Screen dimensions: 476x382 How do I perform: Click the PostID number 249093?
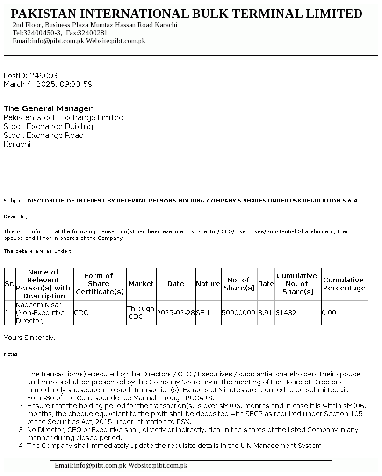click(43, 75)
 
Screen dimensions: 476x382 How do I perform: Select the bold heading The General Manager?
click(48, 108)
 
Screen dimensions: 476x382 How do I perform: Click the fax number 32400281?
click(94, 33)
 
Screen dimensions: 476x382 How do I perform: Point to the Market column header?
click(141, 284)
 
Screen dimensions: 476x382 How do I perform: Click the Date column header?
click(175, 284)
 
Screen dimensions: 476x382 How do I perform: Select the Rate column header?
click(266, 284)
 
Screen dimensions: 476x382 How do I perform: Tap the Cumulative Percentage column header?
click(344, 284)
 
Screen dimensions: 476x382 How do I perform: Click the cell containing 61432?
click(286, 313)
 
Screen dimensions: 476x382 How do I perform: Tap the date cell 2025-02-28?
click(175, 313)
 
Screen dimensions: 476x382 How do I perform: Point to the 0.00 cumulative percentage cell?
click(329, 313)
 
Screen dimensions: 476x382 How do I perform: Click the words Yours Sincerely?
click(29, 338)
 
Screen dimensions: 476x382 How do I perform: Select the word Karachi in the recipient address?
click(17, 144)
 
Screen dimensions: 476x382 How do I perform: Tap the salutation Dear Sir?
click(15, 216)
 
